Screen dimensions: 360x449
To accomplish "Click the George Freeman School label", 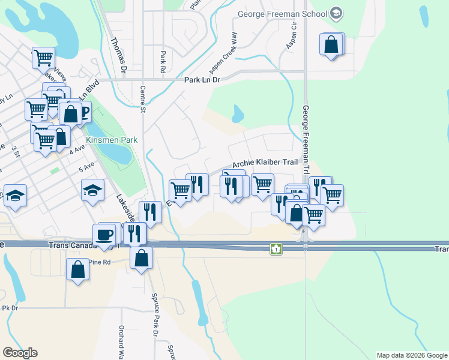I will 282,14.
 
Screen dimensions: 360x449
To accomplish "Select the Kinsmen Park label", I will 112,140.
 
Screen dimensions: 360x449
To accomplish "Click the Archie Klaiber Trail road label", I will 265,163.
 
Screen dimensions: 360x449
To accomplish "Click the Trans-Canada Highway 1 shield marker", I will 276,248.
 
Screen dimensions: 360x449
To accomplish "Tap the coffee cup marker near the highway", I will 104,234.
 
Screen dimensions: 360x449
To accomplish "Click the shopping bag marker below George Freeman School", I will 331,44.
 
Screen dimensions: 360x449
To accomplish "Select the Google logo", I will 20,353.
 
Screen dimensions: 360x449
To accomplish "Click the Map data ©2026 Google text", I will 411,355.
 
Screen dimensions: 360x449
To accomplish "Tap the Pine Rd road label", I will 100,262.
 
